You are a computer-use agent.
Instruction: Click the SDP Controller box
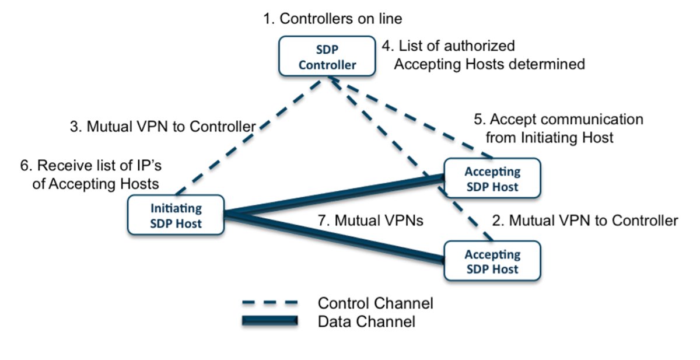327,57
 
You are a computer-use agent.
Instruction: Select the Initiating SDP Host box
176,215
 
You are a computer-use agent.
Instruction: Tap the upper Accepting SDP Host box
492,179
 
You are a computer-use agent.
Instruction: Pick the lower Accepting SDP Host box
492,262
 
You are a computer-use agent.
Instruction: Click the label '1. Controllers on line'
332,19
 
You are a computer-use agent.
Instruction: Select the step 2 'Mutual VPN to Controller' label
585,221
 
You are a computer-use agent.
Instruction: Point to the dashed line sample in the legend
270,303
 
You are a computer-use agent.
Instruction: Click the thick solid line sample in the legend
270,320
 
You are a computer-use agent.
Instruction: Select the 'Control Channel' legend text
375,303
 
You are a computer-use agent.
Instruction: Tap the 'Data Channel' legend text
366,321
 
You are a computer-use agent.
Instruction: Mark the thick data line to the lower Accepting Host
332,237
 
